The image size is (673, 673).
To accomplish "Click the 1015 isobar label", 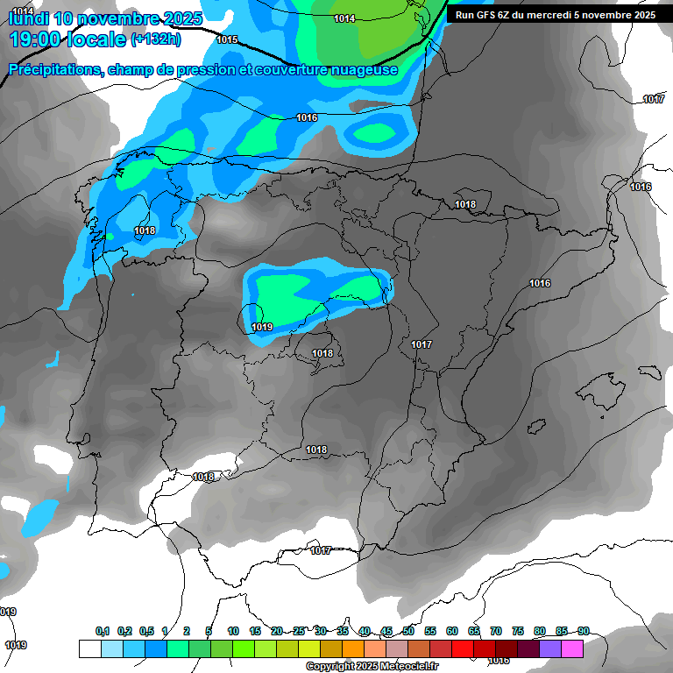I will pyautogui.click(x=227, y=39).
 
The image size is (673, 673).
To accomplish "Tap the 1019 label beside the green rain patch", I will pyautogui.click(x=262, y=327).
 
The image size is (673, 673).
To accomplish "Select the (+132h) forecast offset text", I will pyautogui.click(x=156, y=39).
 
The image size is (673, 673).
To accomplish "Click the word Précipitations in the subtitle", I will pyautogui.click(x=54, y=70).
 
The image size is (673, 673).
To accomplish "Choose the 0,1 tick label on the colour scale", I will pyautogui.click(x=102, y=631).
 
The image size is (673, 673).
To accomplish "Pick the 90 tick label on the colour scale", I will pyautogui.click(x=583, y=631).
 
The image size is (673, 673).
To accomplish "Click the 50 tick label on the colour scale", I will pyautogui.click(x=408, y=631).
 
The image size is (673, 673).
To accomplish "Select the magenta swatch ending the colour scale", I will pyautogui.click(x=571, y=648).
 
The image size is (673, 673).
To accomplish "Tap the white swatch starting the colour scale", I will pyautogui.click(x=89, y=648).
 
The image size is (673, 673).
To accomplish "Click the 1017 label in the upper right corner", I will pyautogui.click(x=654, y=99).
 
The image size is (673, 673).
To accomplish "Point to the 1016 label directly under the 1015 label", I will pyautogui.click(x=307, y=117).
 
